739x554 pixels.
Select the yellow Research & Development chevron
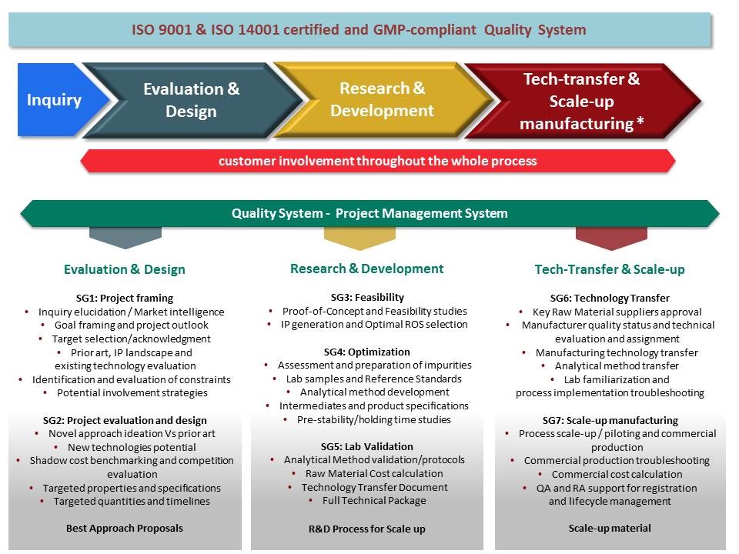tap(383, 100)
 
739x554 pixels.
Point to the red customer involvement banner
tap(377, 161)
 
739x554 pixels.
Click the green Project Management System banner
tap(369, 213)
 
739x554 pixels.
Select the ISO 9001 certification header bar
tap(359, 30)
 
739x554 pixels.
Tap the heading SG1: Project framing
tap(125, 299)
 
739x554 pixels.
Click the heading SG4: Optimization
tap(367, 352)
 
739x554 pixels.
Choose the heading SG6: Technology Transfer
tap(610, 299)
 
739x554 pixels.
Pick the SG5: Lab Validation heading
tap(367, 446)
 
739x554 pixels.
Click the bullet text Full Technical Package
tap(374, 501)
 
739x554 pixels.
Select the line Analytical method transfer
tap(617, 366)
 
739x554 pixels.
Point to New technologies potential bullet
tap(132, 448)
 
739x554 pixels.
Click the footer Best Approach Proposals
tap(125, 529)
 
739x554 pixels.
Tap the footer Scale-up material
tap(610, 529)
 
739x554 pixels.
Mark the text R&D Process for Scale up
tap(367, 529)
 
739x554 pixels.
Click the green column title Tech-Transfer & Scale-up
tap(610, 269)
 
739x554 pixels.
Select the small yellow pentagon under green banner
tap(359, 239)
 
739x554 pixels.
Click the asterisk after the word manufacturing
tap(640, 121)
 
